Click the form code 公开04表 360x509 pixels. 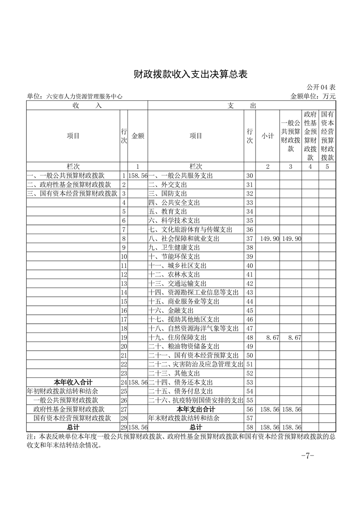tap(321, 87)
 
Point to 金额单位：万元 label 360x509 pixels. tap(313, 96)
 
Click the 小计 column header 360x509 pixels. tap(267, 136)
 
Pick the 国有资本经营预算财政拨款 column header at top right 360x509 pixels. tap(327, 136)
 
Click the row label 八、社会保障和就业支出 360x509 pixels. tap(184, 238)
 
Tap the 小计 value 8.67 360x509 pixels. tap(269, 338)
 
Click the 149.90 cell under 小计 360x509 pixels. tap(269, 238)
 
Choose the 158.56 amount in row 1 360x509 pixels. tap(138, 176)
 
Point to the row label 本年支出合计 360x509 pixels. tap(196, 409)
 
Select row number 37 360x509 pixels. tap(249, 238)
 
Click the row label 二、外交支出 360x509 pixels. tap(168, 185)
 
